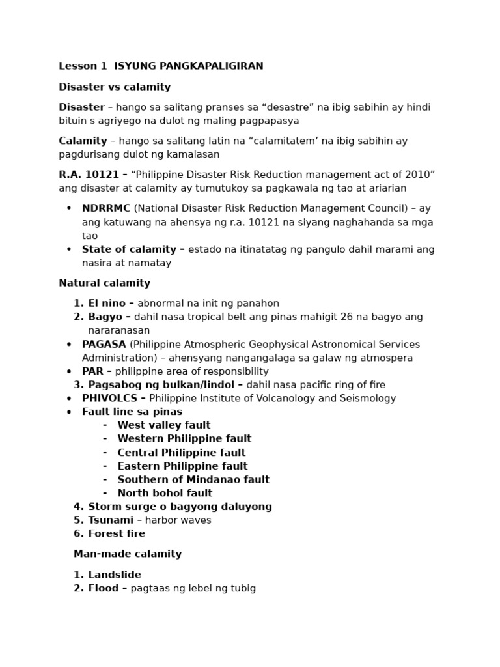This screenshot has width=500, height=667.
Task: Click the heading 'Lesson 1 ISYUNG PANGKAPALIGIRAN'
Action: (x=161, y=66)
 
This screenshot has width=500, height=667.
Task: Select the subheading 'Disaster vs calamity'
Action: (x=115, y=87)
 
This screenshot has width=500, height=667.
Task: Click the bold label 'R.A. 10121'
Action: (x=89, y=175)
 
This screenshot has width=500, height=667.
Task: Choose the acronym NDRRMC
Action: (x=106, y=208)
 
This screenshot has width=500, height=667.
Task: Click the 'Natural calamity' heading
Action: (x=104, y=283)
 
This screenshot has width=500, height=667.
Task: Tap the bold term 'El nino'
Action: (x=107, y=304)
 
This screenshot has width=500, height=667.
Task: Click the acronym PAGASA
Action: (x=104, y=344)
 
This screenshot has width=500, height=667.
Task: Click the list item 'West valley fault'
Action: (x=163, y=425)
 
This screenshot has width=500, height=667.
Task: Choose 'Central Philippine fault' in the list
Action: (x=181, y=453)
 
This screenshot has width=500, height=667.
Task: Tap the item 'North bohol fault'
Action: (x=165, y=493)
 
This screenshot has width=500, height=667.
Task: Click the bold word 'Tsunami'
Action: (x=111, y=520)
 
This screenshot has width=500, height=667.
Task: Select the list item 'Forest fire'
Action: (x=117, y=534)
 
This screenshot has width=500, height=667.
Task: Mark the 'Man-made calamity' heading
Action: (x=128, y=554)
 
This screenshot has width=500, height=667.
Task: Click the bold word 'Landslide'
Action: (x=115, y=575)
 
